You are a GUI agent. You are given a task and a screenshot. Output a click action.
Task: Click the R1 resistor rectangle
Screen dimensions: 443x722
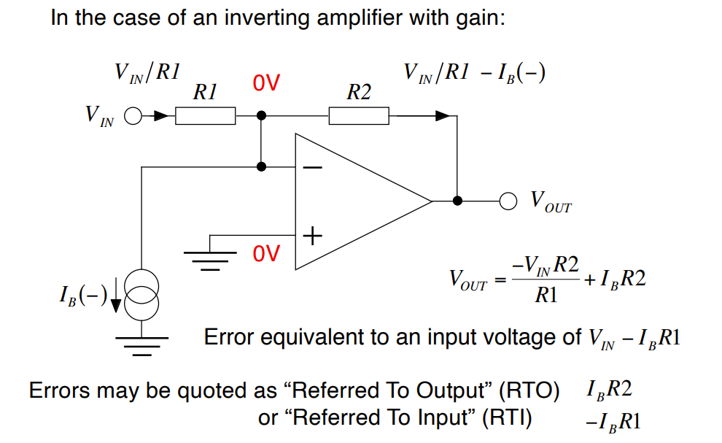tap(205, 115)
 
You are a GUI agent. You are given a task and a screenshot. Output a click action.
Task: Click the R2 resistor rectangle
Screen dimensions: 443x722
tap(358, 115)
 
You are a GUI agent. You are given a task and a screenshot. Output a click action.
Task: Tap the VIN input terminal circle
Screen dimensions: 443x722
tap(133, 115)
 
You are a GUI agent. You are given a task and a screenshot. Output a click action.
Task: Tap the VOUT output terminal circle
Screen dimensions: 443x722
tap(508, 200)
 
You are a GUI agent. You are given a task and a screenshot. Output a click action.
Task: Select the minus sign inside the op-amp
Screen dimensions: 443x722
tap(312, 167)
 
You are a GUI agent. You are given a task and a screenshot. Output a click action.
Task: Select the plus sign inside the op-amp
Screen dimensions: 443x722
tap(312, 236)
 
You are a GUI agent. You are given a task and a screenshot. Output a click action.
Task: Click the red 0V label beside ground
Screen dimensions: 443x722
tap(266, 254)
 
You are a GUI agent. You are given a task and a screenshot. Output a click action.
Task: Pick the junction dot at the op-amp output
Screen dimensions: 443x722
tap(457, 200)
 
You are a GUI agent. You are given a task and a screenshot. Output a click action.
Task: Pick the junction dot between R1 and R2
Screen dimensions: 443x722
tap(262, 115)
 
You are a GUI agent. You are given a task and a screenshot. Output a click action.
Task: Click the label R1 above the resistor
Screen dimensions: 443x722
tap(205, 93)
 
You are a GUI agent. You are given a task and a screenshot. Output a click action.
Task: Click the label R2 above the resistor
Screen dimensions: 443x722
tap(358, 93)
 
